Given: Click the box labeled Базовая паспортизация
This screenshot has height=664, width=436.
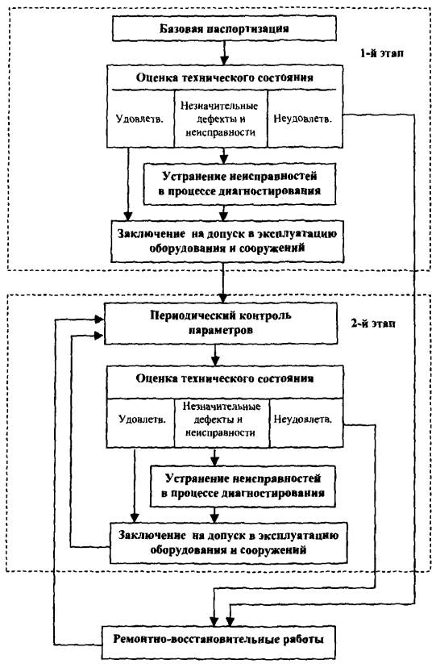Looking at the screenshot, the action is coord(224,29).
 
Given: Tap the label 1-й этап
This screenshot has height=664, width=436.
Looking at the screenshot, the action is coord(381,53).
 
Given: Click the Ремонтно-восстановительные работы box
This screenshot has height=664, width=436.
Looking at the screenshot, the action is coord(218,639).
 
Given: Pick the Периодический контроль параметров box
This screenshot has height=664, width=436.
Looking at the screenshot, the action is coord(221,323).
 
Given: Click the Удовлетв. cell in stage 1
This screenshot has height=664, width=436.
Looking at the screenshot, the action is coord(140,119).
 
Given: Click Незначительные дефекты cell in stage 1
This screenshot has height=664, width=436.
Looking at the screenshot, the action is coord(221,119).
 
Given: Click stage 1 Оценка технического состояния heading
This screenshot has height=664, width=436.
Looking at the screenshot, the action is coord(225,77).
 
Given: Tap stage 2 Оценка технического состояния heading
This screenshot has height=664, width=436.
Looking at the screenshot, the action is coord(225,378).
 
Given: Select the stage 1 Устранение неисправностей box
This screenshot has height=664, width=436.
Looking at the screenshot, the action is coord(240,183).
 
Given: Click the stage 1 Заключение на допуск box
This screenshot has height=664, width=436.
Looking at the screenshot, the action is coord(227,240).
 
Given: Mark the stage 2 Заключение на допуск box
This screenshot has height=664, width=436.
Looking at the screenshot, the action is coord(228,543).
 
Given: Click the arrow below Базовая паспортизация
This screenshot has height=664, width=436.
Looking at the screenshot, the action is coord(224,53).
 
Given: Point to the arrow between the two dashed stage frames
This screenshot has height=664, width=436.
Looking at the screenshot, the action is coord(224,282).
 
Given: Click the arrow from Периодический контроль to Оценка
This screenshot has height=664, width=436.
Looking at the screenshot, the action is coord(216,355).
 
